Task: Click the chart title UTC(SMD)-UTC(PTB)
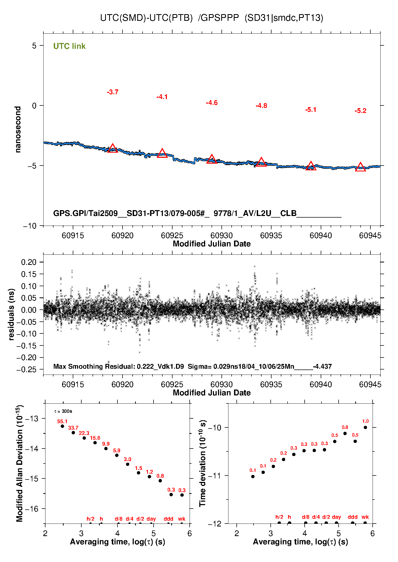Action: click(146, 18)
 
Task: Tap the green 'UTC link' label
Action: click(69, 46)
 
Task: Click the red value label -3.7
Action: click(113, 92)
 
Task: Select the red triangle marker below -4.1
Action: click(162, 153)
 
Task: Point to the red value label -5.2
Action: click(360, 111)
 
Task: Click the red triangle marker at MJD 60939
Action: click(311, 166)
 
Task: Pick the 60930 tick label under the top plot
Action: click(221, 235)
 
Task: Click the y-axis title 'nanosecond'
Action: click(18, 129)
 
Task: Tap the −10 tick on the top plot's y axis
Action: click(30, 226)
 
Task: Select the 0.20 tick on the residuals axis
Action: click(29, 262)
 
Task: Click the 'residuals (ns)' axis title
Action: click(11, 314)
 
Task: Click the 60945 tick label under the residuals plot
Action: click(370, 384)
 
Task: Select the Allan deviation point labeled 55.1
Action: click(62, 426)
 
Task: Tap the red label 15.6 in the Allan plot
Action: click(95, 438)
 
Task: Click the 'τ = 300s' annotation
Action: click(63, 411)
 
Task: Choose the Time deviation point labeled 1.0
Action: click(365, 427)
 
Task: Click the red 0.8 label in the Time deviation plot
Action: click(345, 427)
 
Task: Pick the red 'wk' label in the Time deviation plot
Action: click(365, 517)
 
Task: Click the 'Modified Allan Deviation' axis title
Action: click(20, 463)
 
